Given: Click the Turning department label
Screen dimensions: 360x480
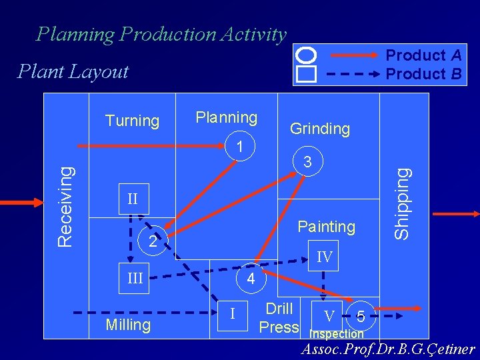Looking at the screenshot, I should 133,121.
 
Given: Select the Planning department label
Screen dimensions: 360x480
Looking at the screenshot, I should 226,117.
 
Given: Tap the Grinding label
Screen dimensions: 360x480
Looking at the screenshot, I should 320,129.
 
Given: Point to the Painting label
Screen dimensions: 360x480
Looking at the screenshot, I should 327,227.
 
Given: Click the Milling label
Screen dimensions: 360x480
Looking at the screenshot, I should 128,325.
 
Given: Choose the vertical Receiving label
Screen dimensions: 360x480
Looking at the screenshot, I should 64,206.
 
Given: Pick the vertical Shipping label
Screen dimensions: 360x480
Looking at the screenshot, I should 401,203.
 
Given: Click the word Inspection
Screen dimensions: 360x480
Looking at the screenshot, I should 337,334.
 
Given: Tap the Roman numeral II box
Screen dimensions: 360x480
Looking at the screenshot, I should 133,199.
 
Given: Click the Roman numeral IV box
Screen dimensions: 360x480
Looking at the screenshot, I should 324,257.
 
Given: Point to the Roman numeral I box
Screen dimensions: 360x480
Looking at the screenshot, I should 232,311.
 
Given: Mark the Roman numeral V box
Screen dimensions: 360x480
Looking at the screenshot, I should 329,315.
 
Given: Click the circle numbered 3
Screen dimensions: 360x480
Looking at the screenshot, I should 307,161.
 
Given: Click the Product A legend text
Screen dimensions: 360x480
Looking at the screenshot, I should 424,56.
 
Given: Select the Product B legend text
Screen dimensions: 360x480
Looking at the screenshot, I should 424,73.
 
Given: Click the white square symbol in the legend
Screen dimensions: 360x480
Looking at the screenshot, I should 306,73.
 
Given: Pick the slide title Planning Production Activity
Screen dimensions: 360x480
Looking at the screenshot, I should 161,34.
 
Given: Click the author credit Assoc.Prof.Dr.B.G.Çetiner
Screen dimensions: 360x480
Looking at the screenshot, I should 389,349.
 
